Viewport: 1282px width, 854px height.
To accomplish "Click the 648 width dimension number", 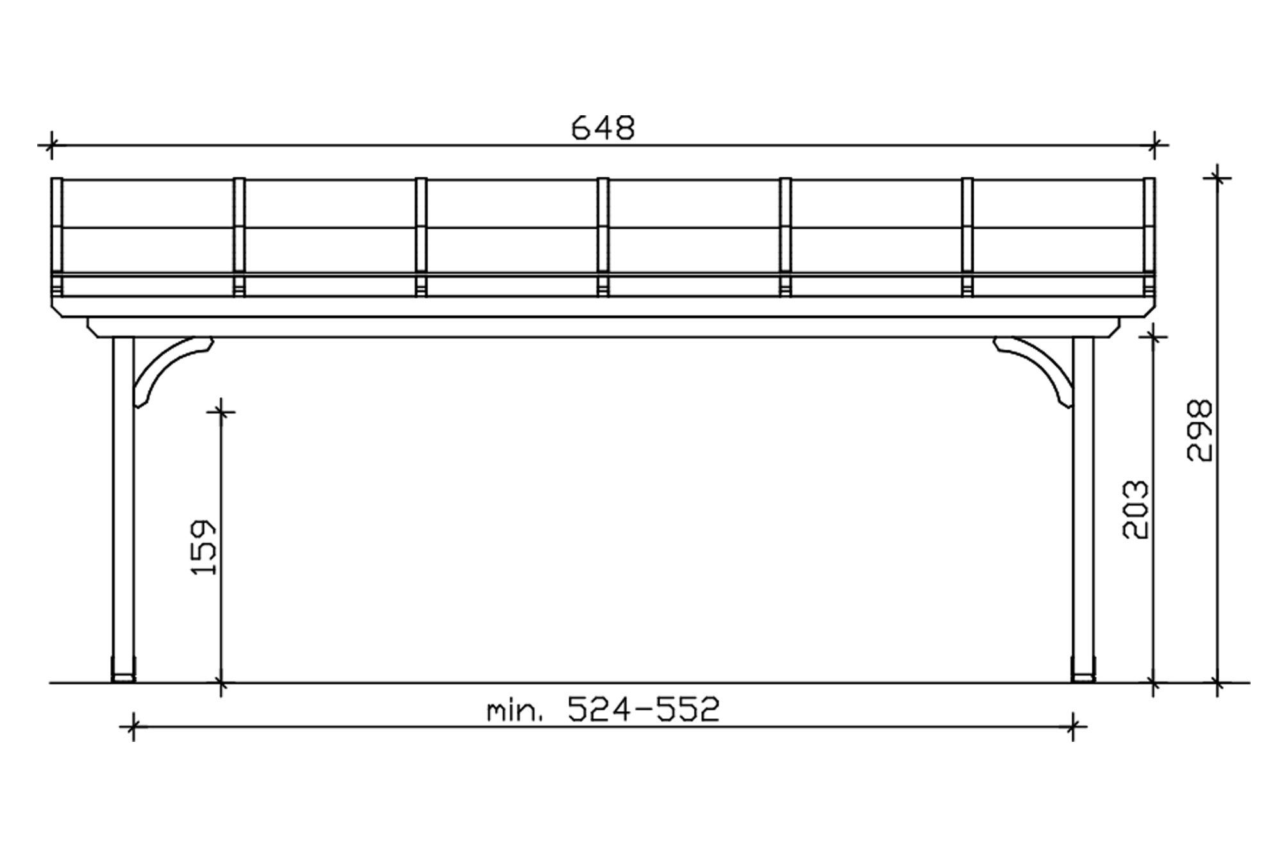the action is pos(603,128).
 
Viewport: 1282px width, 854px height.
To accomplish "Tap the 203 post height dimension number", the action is pos(1135,510).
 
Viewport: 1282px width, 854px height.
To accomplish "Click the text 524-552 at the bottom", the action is pos(644,709).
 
